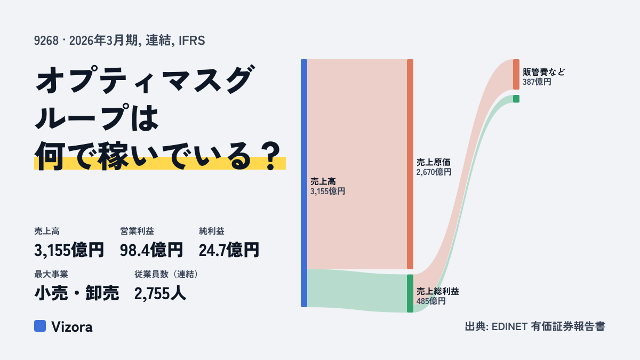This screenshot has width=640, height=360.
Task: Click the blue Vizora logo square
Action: coord(40,326)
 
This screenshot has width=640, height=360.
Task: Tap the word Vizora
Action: coord(72,327)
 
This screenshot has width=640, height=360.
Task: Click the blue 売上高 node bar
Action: coord(304,183)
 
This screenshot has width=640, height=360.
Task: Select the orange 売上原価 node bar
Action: coord(410,164)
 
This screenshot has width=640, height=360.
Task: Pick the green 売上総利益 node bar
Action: coord(410,293)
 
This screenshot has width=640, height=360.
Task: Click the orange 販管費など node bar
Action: coord(516,74)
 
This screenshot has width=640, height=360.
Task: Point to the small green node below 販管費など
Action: coord(516,99)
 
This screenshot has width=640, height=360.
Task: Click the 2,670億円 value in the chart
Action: coord(434,172)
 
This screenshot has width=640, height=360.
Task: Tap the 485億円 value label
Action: coord(431,301)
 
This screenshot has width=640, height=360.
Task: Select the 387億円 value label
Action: coord(537,82)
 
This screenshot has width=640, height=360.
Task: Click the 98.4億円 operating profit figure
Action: coord(151,250)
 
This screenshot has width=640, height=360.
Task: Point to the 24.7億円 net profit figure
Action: coord(229,250)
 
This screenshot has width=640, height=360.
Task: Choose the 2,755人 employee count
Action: coord(160,293)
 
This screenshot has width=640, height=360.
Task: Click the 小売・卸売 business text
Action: coord(77,293)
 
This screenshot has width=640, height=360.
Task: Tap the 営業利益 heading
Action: coord(137,231)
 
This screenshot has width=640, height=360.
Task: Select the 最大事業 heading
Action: coord(51,274)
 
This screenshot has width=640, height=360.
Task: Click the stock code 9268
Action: coord(46,41)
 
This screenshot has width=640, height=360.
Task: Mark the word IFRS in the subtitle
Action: coord(191,41)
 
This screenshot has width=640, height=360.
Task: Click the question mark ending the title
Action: coord(271,157)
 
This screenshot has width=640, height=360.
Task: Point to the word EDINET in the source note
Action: coord(509,326)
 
